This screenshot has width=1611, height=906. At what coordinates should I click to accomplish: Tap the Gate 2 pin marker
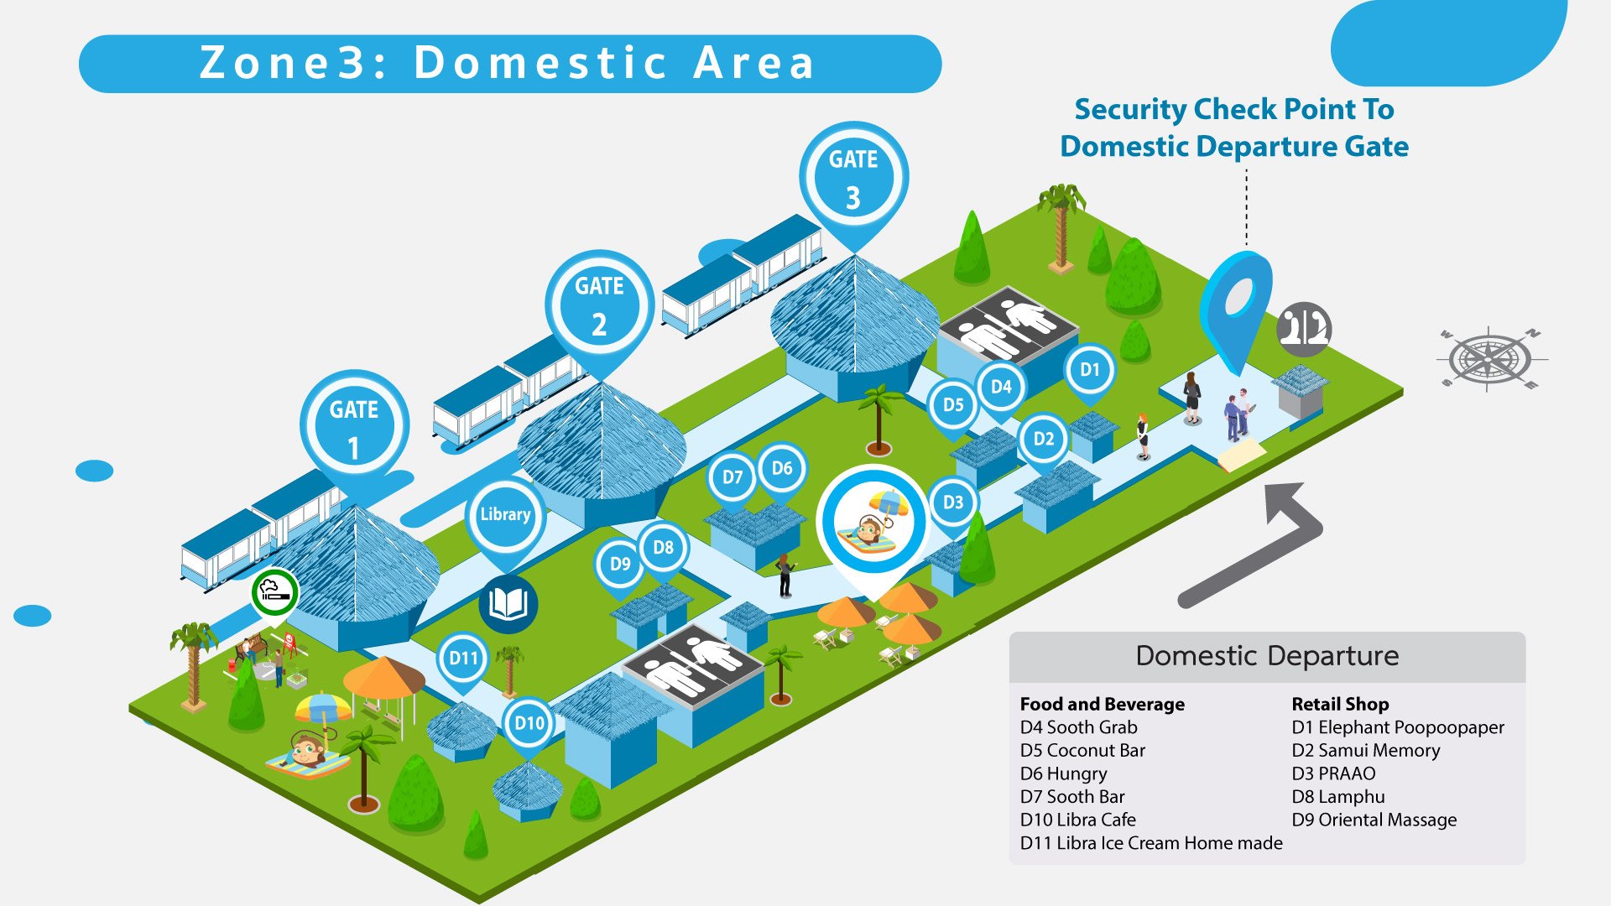(x=599, y=304)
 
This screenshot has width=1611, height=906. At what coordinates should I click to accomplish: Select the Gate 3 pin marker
(x=853, y=177)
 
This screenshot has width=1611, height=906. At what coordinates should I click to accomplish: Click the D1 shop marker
(x=1089, y=370)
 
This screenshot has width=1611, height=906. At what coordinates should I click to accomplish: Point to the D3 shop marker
(x=953, y=502)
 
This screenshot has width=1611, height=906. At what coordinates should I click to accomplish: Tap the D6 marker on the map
(x=781, y=468)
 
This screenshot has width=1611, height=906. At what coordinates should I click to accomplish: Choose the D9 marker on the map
(x=619, y=564)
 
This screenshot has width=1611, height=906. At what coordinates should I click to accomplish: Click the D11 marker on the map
(x=463, y=659)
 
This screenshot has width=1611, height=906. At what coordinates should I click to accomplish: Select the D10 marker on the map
(x=529, y=722)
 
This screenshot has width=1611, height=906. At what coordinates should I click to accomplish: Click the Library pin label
(x=505, y=514)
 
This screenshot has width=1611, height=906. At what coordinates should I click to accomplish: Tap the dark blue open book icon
(x=508, y=604)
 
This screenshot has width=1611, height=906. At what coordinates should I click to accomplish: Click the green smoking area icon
(x=274, y=592)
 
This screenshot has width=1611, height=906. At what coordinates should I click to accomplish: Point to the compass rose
(x=1489, y=359)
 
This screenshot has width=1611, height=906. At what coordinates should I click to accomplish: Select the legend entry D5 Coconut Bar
(x=1082, y=750)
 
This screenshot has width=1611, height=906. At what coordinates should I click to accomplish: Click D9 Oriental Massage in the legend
(x=1374, y=820)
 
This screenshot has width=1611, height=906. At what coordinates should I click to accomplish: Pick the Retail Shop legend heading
(x=1340, y=704)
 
